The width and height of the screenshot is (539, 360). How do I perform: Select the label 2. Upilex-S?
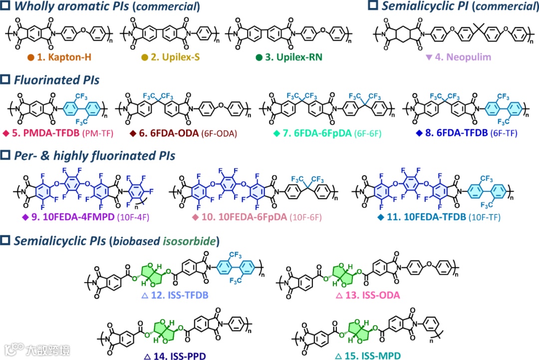175,57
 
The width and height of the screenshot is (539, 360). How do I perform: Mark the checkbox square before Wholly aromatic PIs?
6,6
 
